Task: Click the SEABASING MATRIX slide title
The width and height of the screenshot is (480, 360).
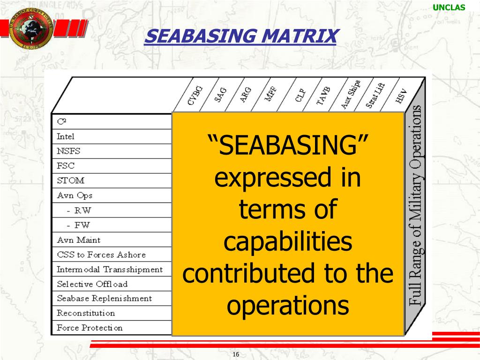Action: (240, 37)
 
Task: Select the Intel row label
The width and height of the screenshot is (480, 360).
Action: (66, 136)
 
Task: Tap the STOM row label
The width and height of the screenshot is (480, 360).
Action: (70, 180)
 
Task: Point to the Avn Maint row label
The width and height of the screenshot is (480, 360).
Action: (78, 240)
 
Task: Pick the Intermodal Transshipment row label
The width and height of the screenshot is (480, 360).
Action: (110, 270)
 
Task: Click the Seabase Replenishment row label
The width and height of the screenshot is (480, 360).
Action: (104, 299)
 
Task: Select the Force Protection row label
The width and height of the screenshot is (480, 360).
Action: (90, 328)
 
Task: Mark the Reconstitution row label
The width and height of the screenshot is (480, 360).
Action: (86, 313)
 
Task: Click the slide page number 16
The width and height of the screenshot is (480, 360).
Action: (236, 354)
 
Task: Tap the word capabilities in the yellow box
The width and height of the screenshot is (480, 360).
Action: (287, 242)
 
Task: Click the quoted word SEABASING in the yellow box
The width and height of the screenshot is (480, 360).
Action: (288, 146)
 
